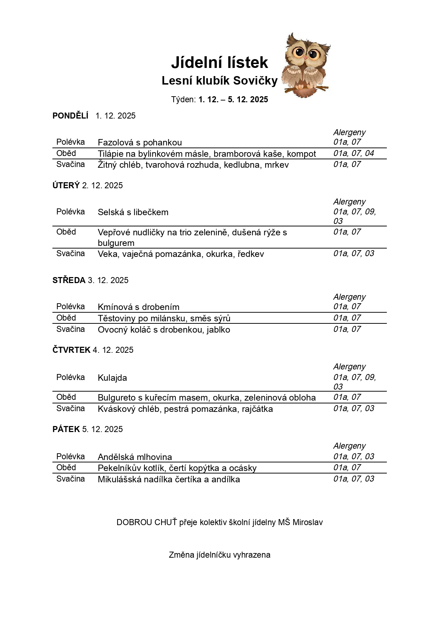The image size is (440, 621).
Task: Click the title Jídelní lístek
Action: tap(219, 63)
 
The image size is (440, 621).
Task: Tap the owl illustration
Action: tap(306, 66)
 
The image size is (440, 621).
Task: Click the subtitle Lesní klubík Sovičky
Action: tap(219, 81)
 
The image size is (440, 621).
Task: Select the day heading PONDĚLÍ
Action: tap(70, 116)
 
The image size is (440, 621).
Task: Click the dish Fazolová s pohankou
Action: tap(140, 143)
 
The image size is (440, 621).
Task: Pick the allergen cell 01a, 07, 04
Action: tap(353, 153)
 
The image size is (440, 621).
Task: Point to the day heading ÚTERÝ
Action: tap(66, 185)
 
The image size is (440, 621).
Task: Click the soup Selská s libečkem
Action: tap(133, 212)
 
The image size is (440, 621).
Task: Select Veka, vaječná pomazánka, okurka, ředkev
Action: tap(181, 254)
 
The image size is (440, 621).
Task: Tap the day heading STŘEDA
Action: tap(69, 280)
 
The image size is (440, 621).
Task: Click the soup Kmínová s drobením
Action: tap(139, 307)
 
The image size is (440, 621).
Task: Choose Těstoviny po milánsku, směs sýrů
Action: tap(164, 318)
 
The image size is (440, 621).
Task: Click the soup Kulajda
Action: tap(112, 378)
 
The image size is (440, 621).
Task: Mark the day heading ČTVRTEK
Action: tap(71, 350)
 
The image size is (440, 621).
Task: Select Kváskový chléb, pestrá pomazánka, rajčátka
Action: tap(185, 409)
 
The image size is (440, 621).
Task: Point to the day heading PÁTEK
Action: tap(66, 429)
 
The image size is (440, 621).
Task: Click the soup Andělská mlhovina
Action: tap(135, 457)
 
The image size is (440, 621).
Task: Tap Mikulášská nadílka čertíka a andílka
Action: tap(169, 480)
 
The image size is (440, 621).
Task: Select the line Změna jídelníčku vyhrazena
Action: tap(220, 555)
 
